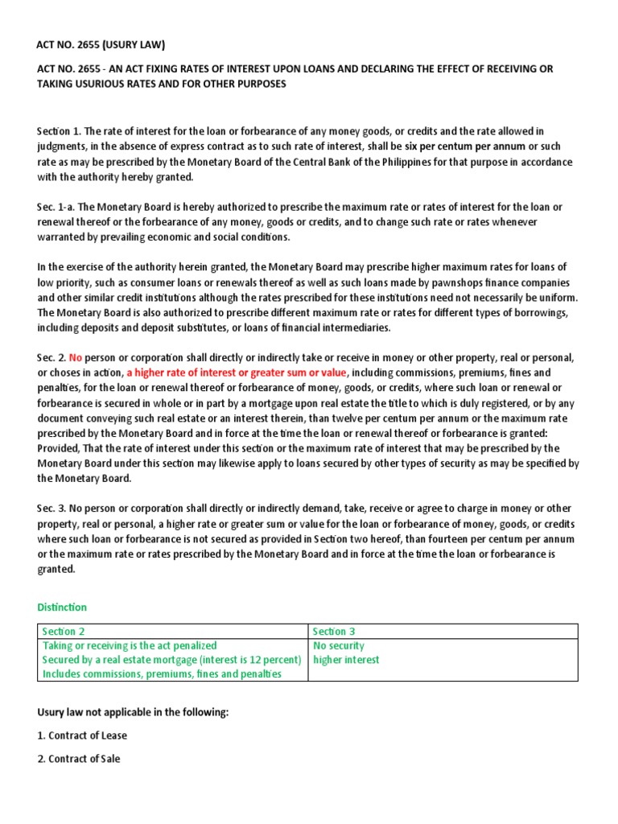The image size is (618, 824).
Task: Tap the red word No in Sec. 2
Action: click(x=76, y=357)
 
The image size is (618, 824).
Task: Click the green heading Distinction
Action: click(x=62, y=608)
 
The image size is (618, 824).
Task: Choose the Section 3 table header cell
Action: click(x=334, y=632)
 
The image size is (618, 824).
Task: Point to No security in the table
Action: click(x=338, y=645)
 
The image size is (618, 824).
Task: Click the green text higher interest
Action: click(x=346, y=660)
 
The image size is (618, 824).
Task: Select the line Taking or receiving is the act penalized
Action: click(x=130, y=645)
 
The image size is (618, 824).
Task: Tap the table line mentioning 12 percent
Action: click(x=171, y=660)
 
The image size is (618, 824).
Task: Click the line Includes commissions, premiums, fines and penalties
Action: click(x=162, y=674)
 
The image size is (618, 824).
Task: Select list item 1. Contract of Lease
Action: click(x=82, y=735)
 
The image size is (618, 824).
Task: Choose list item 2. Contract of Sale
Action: click(x=79, y=759)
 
